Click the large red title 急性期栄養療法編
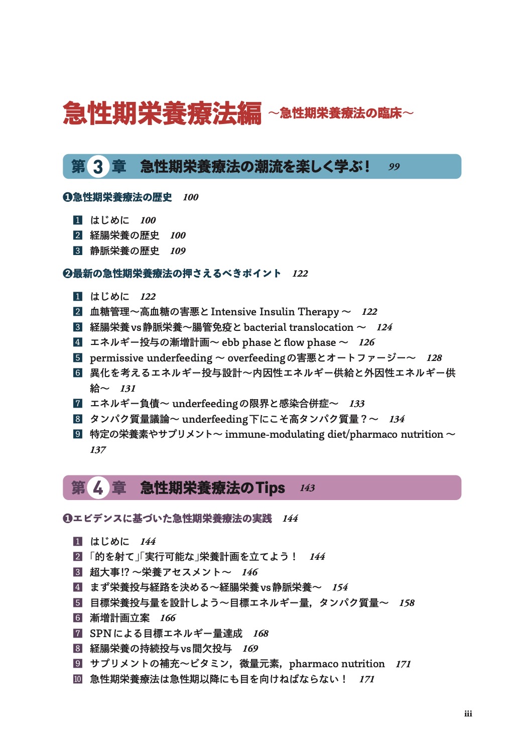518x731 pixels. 162,113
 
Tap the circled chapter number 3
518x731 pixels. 98,167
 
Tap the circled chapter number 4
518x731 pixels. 98,488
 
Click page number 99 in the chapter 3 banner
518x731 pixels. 394,167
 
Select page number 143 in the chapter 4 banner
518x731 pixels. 307,488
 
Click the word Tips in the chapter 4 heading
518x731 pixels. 270,488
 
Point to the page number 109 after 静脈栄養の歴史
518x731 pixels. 178,251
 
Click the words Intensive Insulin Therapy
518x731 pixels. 275,312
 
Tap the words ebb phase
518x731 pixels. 246,342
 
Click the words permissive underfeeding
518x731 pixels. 151,358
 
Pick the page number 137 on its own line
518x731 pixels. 98,450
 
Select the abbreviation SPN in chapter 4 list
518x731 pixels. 100,634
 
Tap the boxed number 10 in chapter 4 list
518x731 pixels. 78,679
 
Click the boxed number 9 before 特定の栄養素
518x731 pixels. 78,434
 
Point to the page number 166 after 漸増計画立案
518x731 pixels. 168,618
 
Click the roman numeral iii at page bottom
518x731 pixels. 468,714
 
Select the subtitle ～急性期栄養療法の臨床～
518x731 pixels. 341,113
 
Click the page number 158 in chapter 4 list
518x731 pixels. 407,603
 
